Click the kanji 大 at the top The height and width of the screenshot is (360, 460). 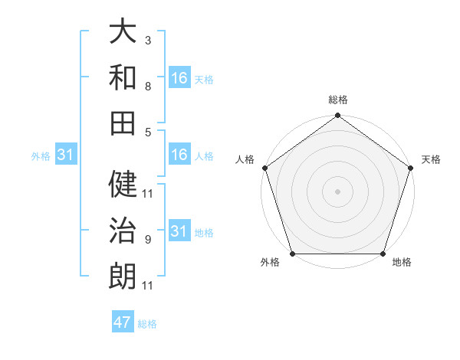(x=123, y=31)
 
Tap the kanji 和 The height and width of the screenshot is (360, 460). (x=123, y=77)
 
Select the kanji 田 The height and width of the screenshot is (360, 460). (x=123, y=122)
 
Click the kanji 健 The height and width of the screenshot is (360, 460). (x=123, y=184)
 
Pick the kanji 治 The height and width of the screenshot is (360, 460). (x=123, y=230)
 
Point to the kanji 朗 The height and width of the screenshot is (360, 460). (x=123, y=275)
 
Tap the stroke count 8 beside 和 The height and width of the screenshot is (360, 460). (x=147, y=87)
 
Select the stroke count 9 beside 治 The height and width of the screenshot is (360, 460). (x=147, y=240)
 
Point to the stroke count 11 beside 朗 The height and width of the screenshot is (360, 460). (x=147, y=286)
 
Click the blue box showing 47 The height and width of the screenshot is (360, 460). (x=123, y=322)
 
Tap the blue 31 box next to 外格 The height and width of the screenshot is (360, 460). (x=65, y=155)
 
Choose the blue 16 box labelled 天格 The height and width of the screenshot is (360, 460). (x=179, y=78)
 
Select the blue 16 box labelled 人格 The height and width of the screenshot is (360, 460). (x=179, y=155)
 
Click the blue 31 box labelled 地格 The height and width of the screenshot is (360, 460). (x=179, y=231)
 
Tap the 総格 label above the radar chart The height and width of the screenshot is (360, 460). (x=337, y=100)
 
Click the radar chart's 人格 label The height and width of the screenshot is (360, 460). (x=245, y=159)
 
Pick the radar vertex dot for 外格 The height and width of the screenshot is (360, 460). (x=292, y=254)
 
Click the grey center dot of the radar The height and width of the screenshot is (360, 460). (x=337, y=191)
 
